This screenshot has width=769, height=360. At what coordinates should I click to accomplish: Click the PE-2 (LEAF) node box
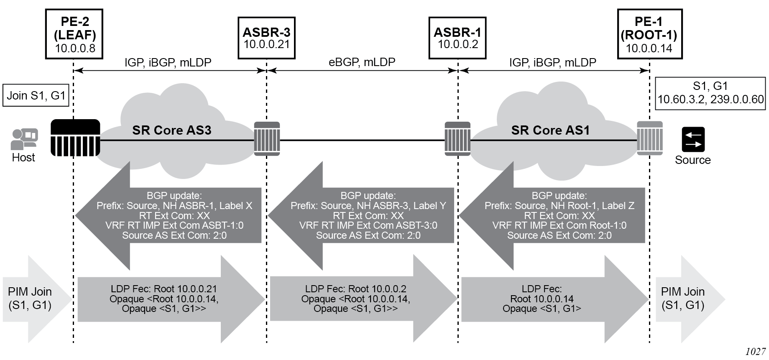click(x=74, y=34)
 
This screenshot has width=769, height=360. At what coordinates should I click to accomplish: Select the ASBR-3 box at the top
click(x=266, y=38)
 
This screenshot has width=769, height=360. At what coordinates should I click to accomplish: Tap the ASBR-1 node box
click(x=457, y=38)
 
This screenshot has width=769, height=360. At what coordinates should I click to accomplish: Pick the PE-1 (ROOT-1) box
click(x=649, y=34)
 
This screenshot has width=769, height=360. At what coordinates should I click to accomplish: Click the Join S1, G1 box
click(x=36, y=95)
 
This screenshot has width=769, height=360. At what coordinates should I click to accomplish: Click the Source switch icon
click(x=693, y=139)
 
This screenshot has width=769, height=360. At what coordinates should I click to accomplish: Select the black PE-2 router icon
click(x=75, y=138)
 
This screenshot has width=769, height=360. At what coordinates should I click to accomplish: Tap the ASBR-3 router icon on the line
click(x=267, y=139)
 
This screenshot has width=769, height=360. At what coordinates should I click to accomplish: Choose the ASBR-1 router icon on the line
click(x=457, y=139)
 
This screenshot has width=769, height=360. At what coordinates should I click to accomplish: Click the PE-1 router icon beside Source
click(x=649, y=138)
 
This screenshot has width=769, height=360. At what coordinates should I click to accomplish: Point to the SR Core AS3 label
click(x=171, y=130)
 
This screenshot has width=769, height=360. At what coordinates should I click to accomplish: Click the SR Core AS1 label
click(x=550, y=130)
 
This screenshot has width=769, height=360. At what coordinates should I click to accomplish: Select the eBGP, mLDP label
click(x=362, y=62)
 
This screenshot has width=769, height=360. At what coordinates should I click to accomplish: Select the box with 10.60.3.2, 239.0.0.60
click(x=710, y=93)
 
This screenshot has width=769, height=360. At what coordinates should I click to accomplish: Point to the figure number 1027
click(x=755, y=352)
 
